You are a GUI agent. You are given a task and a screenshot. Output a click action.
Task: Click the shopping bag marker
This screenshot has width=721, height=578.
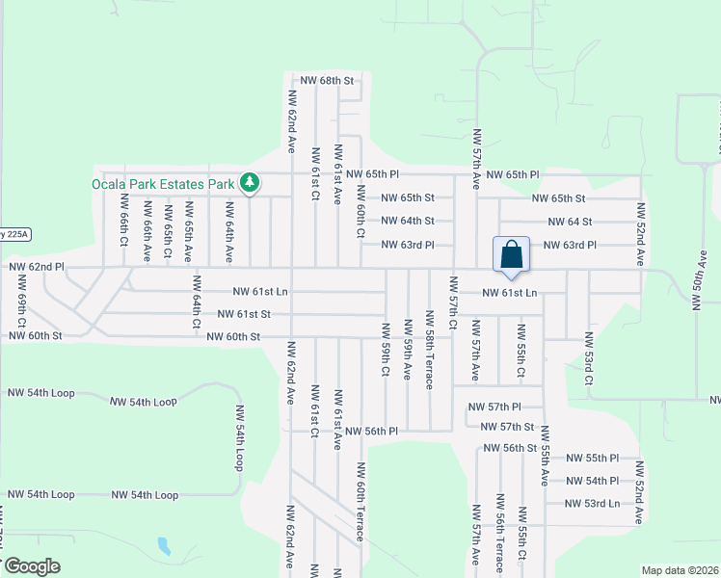(x=512, y=255)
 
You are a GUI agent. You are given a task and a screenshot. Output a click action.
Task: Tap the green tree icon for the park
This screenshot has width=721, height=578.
(x=250, y=182)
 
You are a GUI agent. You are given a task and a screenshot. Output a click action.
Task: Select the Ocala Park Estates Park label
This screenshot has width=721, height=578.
(x=163, y=183)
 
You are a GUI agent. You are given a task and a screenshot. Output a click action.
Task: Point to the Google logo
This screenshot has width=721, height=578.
(x=31, y=566)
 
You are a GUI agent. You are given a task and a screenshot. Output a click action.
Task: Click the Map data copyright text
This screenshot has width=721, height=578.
(x=680, y=570)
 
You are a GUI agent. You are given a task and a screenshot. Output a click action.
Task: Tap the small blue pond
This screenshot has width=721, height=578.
(x=163, y=547)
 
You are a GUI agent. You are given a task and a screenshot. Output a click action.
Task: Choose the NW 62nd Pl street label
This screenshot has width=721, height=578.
(x=36, y=265)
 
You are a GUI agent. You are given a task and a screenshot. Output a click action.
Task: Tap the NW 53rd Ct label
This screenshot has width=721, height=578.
(x=588, y=359)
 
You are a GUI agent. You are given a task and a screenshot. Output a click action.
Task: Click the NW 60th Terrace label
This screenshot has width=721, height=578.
(x=360, y=502)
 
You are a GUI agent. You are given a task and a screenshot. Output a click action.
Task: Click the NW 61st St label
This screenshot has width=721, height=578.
(x=243, y=314)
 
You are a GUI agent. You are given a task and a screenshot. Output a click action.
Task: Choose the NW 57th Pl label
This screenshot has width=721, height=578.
(x=494, y=407)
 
